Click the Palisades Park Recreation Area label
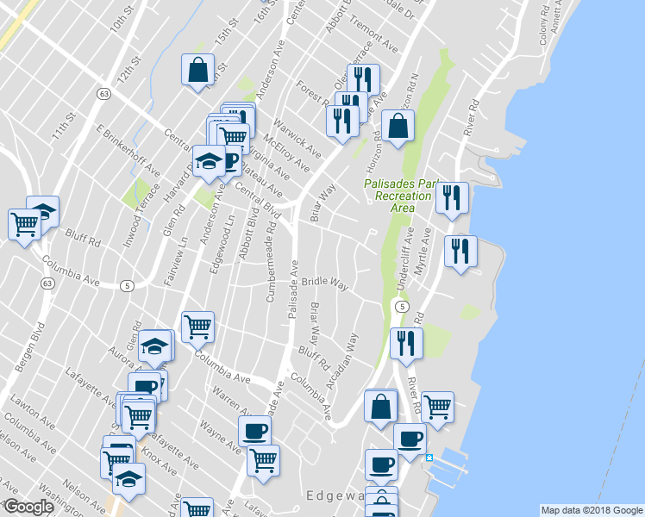[398, 196]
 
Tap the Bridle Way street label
[323, 283]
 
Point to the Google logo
[28, 507]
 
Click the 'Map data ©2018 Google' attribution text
[592, 510]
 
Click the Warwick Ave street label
[304, 143]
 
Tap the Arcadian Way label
[342, 363]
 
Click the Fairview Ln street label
[183, 258]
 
